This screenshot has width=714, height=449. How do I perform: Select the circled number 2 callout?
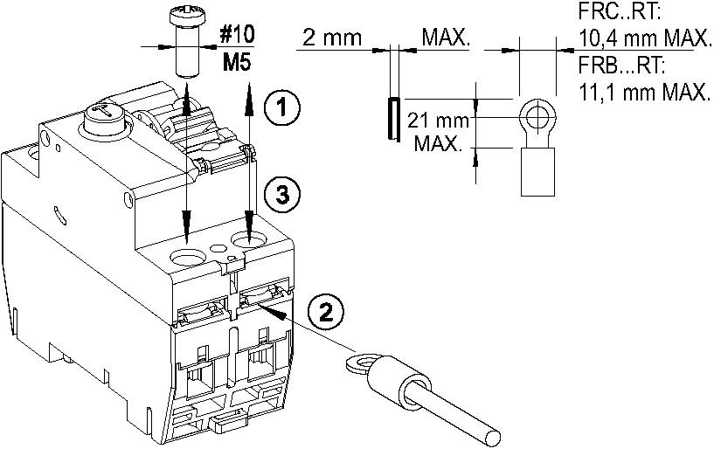(x=324, y=312)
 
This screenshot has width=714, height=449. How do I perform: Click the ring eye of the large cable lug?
(x=358, y=360)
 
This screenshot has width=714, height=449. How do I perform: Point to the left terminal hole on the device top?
(x=189, y=258)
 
